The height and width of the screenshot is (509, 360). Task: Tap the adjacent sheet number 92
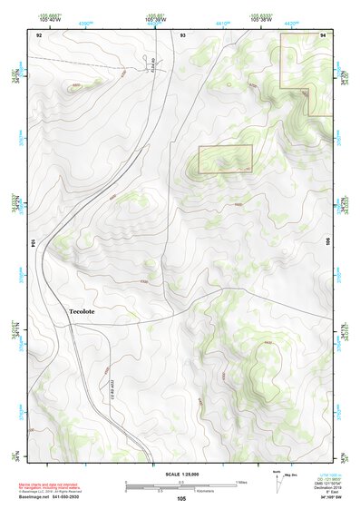[39, 34]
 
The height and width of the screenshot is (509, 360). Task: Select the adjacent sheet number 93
[183, 34]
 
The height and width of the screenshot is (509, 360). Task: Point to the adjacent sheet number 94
[324, 34]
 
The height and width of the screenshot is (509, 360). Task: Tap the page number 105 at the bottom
[181, 498]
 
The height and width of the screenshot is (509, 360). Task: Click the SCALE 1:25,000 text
[181, 474]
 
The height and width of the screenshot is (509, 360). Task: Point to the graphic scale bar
[181, 485]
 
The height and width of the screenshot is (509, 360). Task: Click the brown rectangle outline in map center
[225, 159]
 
